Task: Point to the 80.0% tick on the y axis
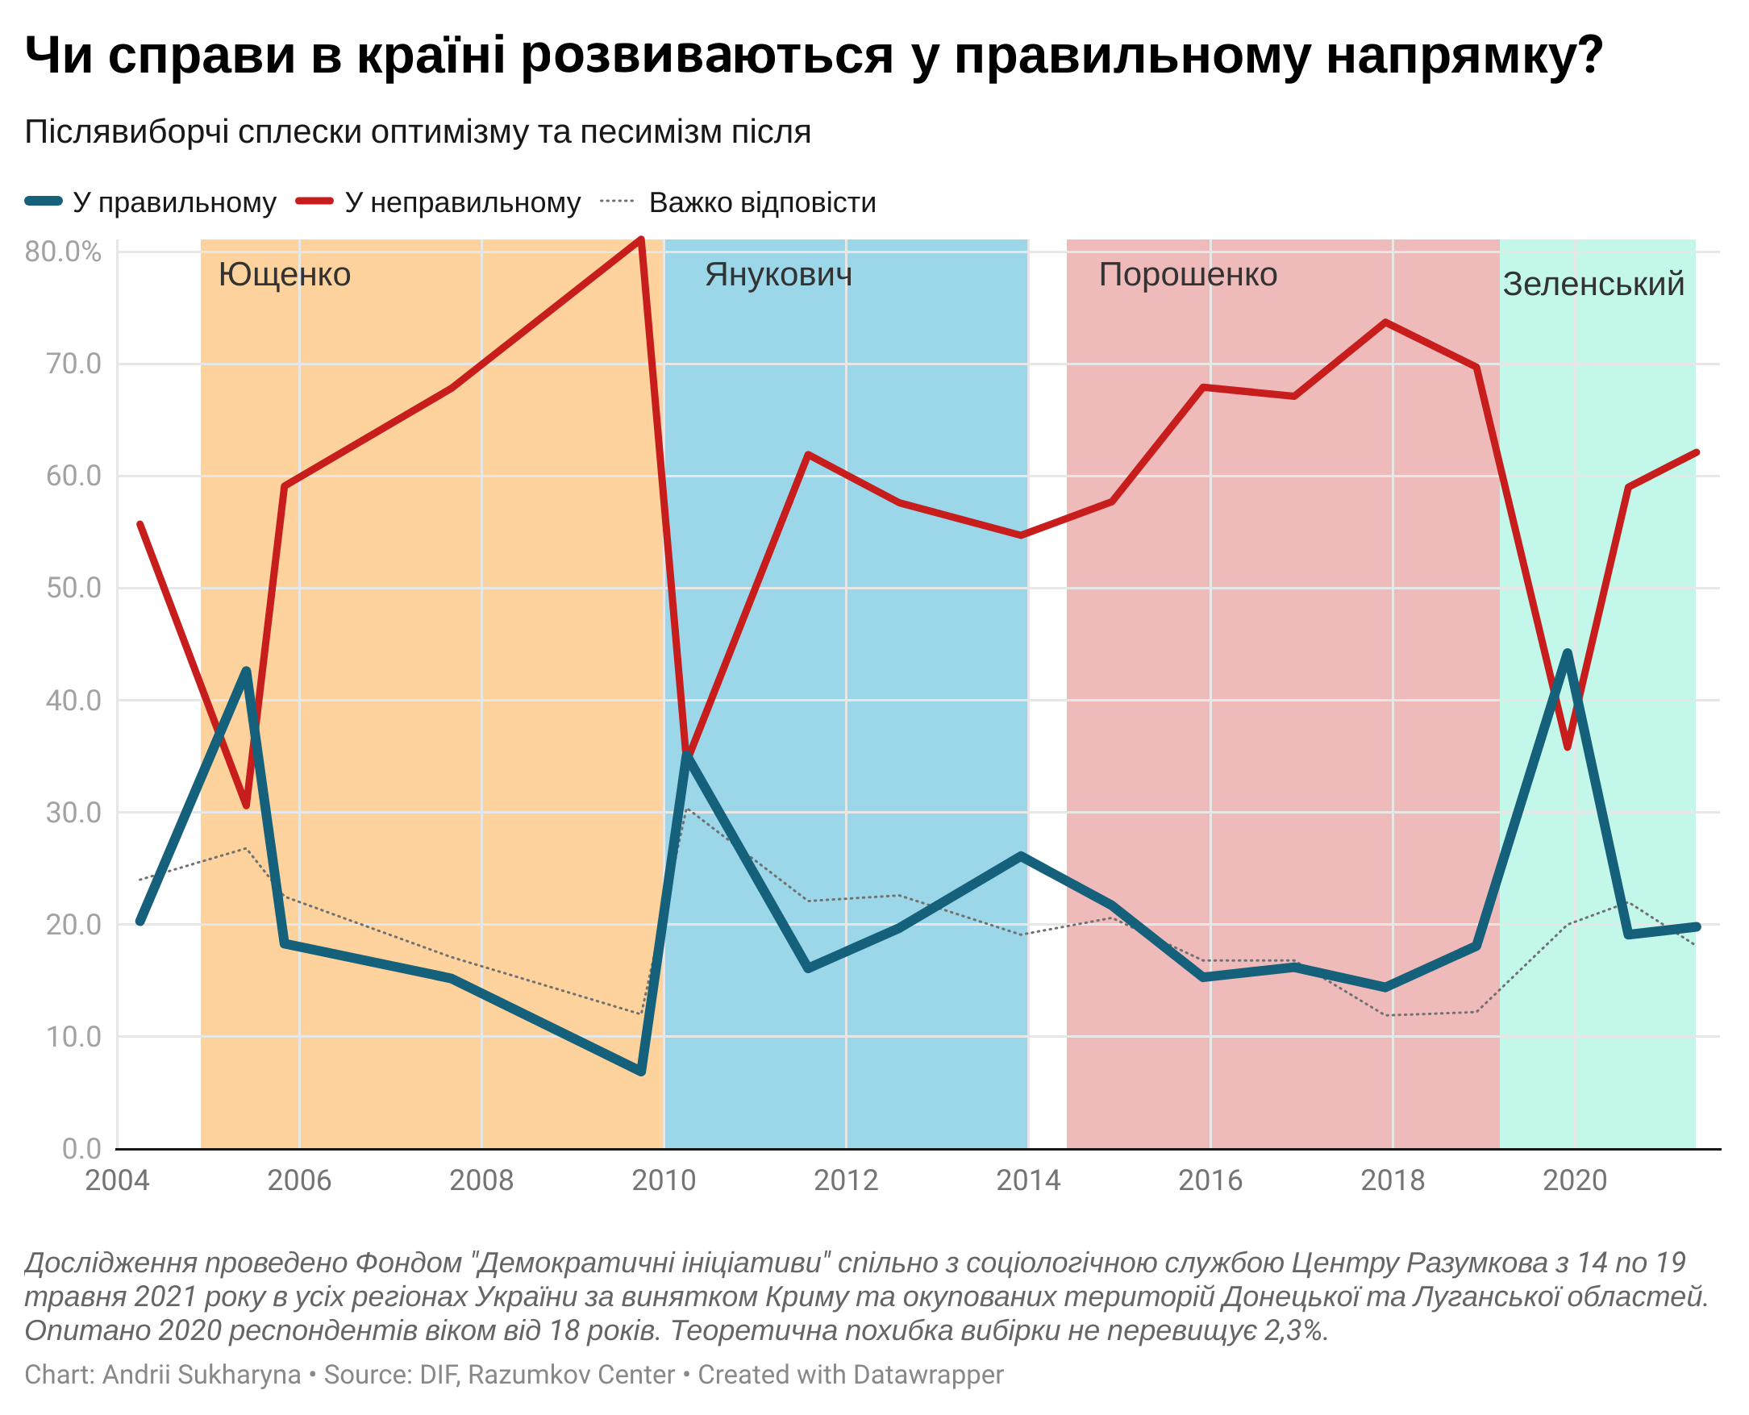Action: (63, 252)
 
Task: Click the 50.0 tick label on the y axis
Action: (73, 588)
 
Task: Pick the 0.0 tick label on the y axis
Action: (81, 1148)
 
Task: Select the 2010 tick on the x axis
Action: (664, 1180)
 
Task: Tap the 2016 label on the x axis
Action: (1210, 1180)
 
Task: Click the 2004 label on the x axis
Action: (118, 1180)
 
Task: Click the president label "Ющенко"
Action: (285, 276)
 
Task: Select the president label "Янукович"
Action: (777, 275)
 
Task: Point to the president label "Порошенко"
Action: (1187, 275)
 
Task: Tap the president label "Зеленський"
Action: (1593, 285)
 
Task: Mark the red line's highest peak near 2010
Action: (641, 239)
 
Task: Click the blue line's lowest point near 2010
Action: (641, 1071)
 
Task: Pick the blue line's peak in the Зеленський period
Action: (1567, 654)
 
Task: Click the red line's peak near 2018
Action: (1385, 323)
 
